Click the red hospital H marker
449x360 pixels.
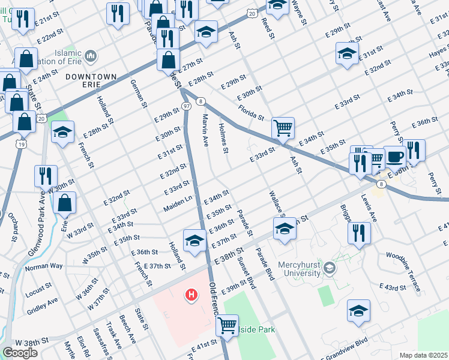[x=191, y=295]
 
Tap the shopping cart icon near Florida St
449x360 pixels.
[x=283, y=127]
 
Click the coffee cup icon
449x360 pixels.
[x=394, y=156]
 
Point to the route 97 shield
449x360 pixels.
[x=187, y=106]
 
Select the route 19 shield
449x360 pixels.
[x=22, y=144]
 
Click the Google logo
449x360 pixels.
[x=20, y=353]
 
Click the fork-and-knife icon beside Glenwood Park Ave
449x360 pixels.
[x=46, y=176]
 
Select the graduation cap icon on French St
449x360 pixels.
[x=62, y=134]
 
